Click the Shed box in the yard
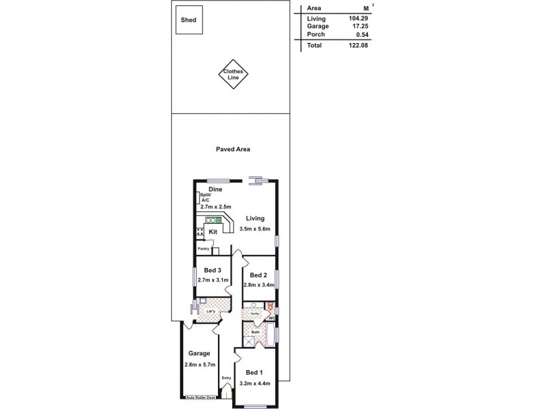pos(188,20)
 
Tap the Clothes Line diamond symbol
pos(234,76)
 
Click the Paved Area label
pos(234,149)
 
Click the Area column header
pos(314,8)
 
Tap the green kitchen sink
pos(211,221)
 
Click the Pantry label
pos(203,249)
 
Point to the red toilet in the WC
pos(270,307)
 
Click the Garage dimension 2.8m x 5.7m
pos(200,365)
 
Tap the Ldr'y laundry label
pos(211,312)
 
